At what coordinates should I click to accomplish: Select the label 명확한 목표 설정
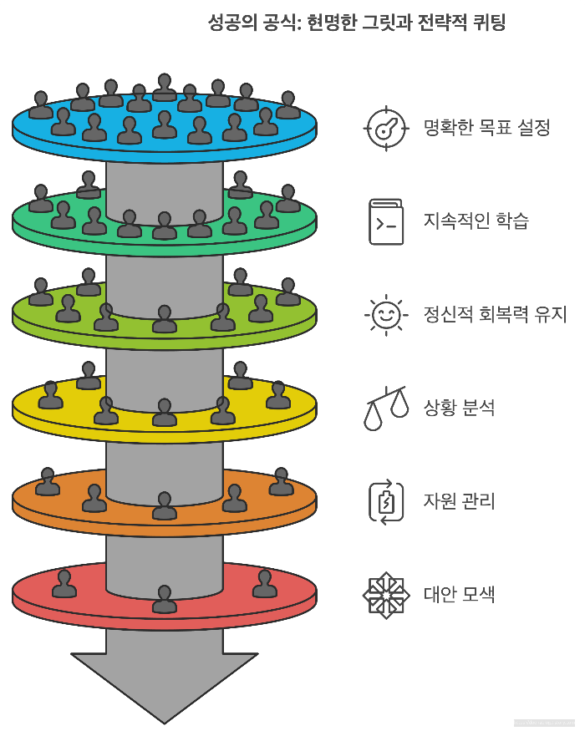pyautogui.click(x=487, y=129)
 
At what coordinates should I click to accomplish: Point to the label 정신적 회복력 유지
pyautogui.click(x=496, y=315)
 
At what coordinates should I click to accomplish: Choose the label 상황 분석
pyautogui.click(x=460, y=409)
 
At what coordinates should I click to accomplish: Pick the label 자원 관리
pyautogui.click(x=460, y=502)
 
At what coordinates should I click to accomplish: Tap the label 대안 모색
pyautogui.click(x=460, y=595)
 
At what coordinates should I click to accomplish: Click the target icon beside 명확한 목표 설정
pyautogui.click(x=386, y=129)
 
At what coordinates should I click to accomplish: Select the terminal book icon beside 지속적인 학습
pyautogui.click(x=386, y=221)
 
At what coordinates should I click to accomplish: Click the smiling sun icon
pyautogui.click(x=386, y=315)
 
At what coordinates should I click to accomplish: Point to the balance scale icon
pyautogui.click(x=386, y=408)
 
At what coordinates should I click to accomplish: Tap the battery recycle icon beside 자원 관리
pyautogui.click(x=386, y=502)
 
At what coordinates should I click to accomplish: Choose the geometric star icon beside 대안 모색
pyautogui.click(x=386, y=595)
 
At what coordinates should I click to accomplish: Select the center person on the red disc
pyautogui.click(x=165, y=599)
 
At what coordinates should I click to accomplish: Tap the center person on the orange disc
pyautogui.click(x=165, y=505)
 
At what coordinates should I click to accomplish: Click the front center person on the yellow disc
pyautogui.click(x=165, y=412)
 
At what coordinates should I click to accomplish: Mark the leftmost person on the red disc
pyautogui.click(x=64, y=584)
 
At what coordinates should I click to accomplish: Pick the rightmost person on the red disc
pyautogui.click(x=265, y=584)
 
